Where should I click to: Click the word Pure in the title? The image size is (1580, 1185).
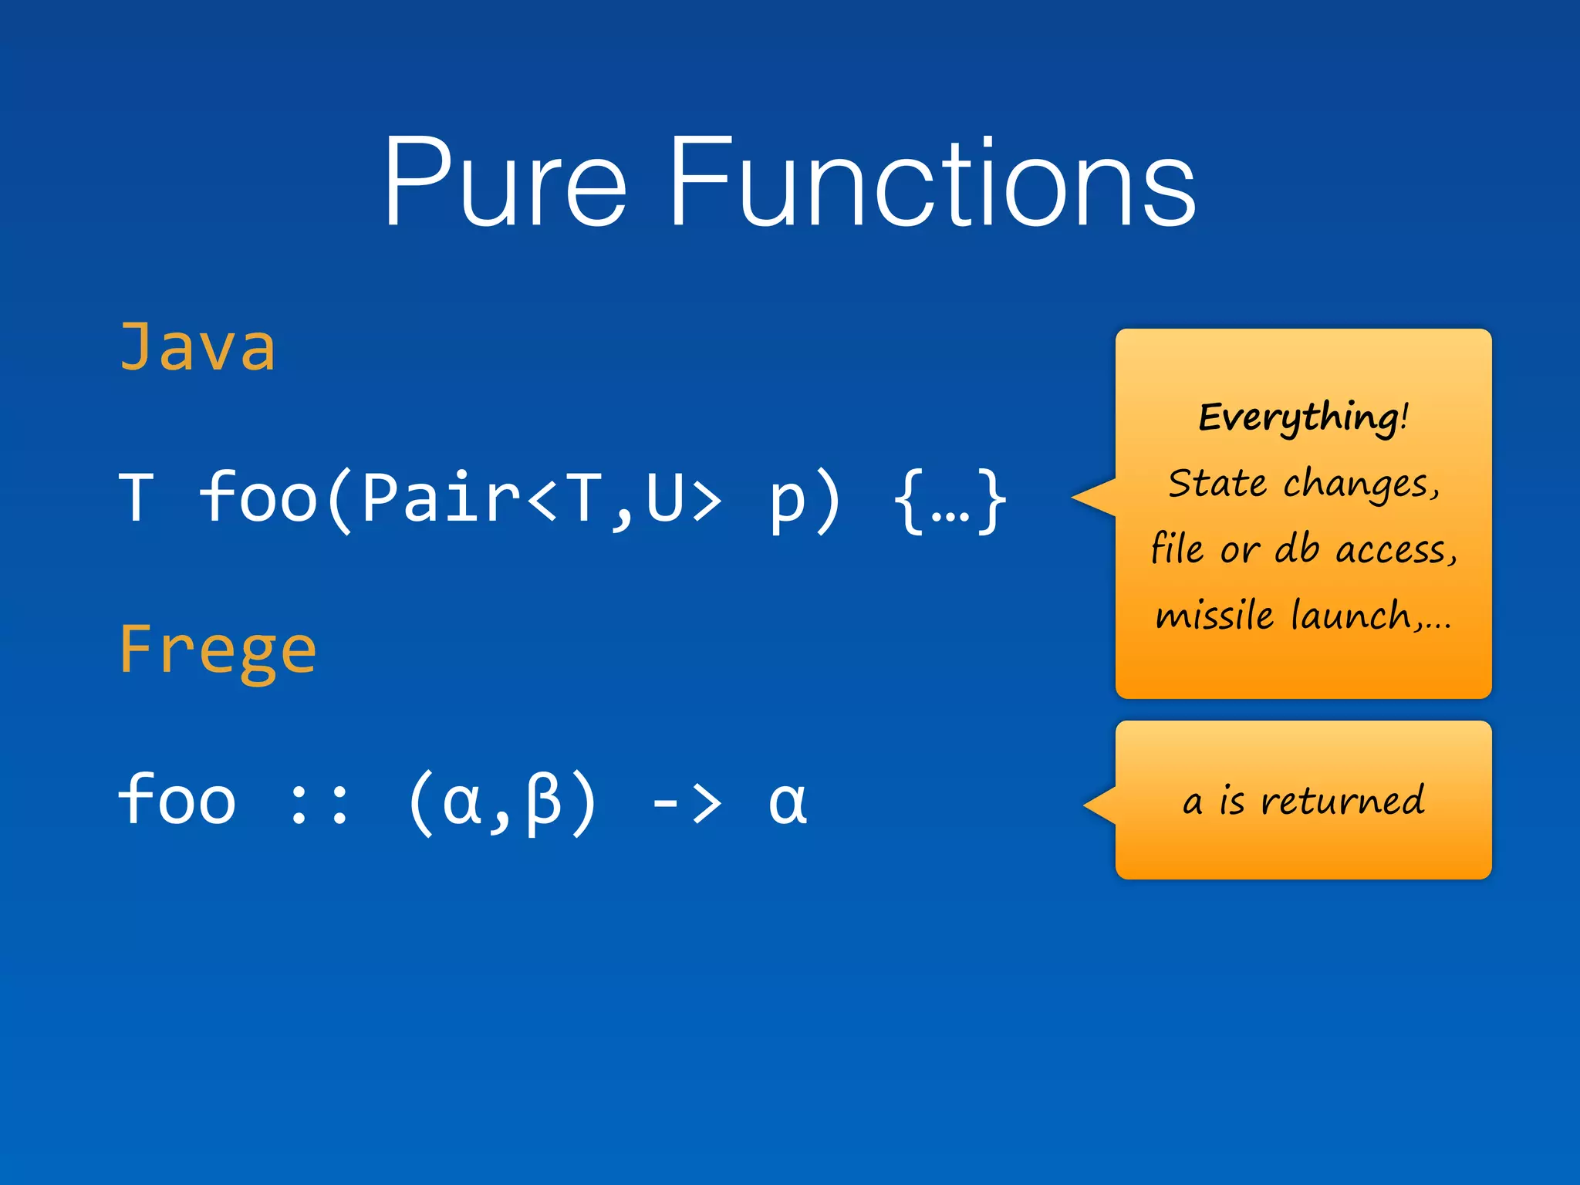click(505, 183)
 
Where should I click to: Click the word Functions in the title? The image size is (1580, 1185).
click(931, 183)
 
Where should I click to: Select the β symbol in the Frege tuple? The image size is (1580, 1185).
click(543, 802)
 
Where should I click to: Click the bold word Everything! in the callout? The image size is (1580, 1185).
click(1303, 417)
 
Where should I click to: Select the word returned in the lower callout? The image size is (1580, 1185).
click(1342, 801)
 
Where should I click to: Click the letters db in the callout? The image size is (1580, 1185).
click(1296, 550)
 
